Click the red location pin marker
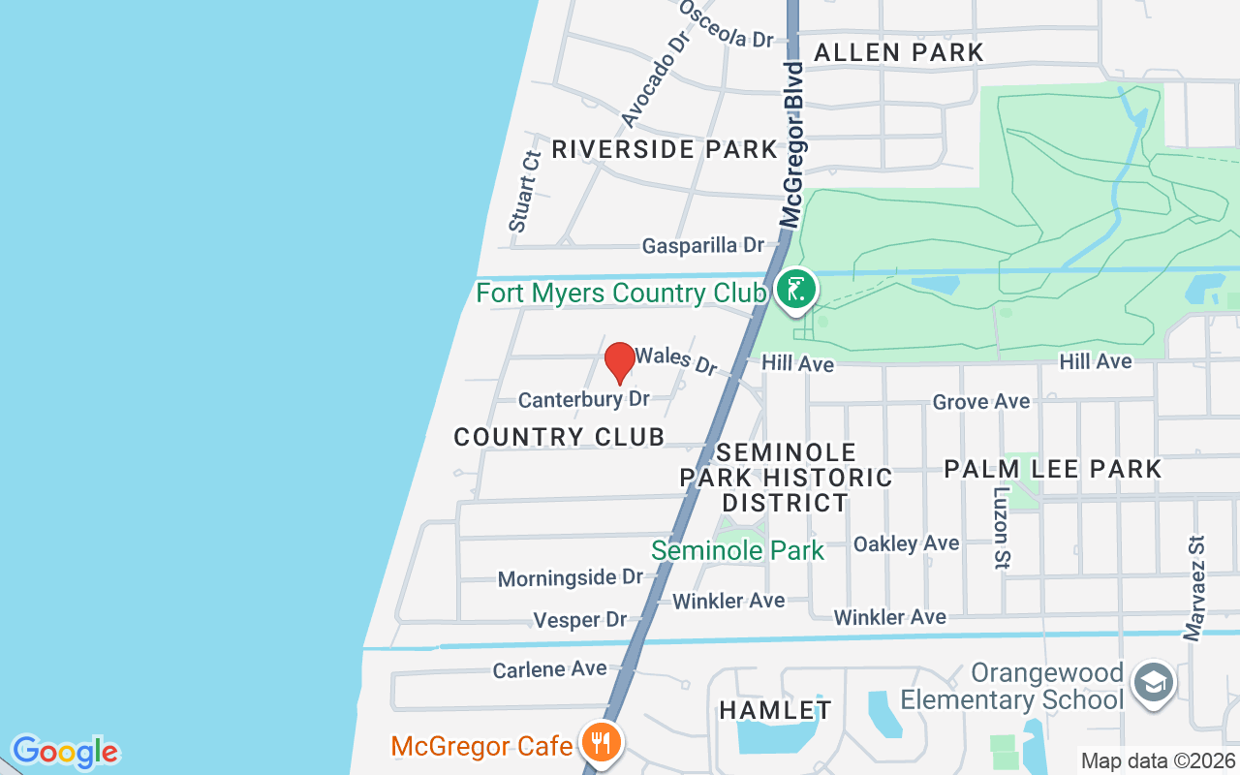point(620,362)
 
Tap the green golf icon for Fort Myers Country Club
point(795,290)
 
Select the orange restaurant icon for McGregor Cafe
point(602,744)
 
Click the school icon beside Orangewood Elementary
point(1154,683)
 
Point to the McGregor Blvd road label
point(793,145)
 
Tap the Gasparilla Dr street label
point(703,246)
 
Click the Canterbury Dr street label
point(583,399)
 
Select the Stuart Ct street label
point(524,190)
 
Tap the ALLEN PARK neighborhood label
point(899,52)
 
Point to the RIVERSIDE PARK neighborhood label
point(665,149)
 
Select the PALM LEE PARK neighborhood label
point(1053,469)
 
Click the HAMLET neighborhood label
point(775,710)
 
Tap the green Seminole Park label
point(737,551)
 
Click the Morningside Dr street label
point(571,578)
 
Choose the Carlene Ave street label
point(549,669)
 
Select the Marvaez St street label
point(1194,588)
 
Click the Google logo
point(65,752)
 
